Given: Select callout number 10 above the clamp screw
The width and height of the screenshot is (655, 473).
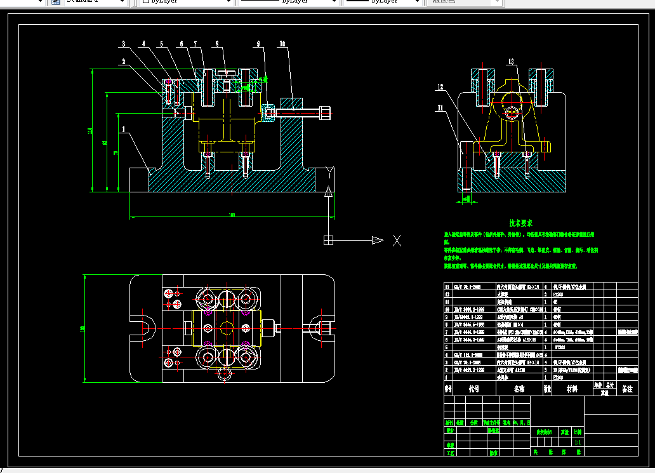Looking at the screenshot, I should click(282, 44).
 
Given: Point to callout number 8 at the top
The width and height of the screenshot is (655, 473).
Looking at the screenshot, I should click(216, 44).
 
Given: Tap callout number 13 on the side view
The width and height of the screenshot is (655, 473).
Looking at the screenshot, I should click(511, 62).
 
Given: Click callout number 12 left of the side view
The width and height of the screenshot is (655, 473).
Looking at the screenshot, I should click(439, 86).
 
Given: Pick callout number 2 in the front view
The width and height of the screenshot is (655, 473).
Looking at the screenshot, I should click(124, 62).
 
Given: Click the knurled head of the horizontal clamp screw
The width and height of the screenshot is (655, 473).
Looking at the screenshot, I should click(325, 113).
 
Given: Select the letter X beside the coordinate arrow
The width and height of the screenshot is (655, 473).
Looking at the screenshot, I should click(397, 240).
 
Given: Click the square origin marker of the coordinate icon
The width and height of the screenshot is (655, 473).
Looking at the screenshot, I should click(328, 240).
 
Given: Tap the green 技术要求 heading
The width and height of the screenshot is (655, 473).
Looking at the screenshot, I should click(520, 223).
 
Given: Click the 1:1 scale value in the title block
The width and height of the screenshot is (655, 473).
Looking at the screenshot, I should click(578, 441).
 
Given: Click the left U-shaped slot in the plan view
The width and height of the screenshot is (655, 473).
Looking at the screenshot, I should click(145, 328).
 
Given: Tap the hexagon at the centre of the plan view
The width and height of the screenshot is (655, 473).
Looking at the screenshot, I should click(226, 327).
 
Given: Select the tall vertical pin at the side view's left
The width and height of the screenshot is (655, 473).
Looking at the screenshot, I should click(466, 166).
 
